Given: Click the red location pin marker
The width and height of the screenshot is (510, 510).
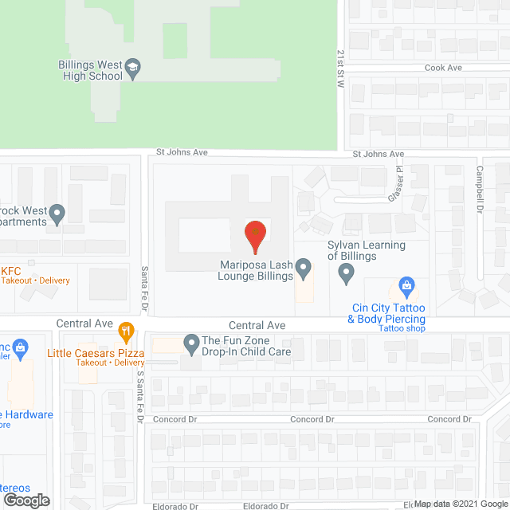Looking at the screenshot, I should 254,234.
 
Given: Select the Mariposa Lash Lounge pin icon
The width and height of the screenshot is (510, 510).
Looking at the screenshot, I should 304,269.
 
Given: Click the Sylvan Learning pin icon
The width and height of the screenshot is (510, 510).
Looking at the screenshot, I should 346,274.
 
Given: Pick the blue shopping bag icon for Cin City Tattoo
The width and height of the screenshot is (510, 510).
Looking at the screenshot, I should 406,286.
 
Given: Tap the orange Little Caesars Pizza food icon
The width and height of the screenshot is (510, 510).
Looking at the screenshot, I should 125,331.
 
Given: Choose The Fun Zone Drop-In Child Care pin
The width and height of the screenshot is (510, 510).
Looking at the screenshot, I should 191,344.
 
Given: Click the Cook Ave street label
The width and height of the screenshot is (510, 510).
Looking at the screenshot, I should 443,68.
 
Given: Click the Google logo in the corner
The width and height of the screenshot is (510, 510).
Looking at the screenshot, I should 25,500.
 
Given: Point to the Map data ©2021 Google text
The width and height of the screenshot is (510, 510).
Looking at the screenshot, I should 460,504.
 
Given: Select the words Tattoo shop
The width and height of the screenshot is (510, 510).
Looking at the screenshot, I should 402,329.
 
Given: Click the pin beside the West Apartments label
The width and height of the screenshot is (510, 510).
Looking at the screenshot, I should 57,214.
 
